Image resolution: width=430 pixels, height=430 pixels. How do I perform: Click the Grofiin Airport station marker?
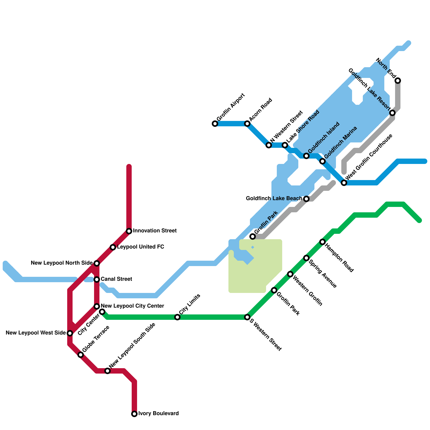[x=215, y=124]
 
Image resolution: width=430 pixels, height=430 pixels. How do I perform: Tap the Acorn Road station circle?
[x=247, y=124]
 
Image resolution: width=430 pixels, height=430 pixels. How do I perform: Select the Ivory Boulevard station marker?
[x=134, y=414]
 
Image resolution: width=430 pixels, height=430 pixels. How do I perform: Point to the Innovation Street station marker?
[x=129, y=231]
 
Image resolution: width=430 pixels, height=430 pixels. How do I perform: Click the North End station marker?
[x=398, y=81]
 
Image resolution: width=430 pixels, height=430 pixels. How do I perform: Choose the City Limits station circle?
[x=177, y=317]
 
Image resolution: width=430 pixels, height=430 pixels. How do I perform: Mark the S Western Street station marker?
[x=247, y=317]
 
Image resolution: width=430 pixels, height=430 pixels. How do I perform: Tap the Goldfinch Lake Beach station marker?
[x=306, y=199]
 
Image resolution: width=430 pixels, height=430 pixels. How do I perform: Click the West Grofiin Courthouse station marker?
[x=344, y=183]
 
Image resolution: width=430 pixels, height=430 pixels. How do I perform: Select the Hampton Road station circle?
[x=322, y=242]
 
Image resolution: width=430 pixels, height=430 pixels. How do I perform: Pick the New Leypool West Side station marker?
[x=70, y=333]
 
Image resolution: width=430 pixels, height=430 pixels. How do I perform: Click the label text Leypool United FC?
[x=140, y=247]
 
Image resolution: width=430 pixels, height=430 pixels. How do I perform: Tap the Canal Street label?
[x=116, y=279]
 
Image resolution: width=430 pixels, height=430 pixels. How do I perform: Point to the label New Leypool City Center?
[x=132, y=306]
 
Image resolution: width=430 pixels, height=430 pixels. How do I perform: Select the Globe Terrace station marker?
[x=81, y=355]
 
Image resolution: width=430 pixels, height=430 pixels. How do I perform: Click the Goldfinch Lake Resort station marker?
[x=392, y=113]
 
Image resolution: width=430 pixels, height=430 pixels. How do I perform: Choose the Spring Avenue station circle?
[x=306, y=258]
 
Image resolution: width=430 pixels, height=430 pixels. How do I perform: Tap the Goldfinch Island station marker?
[x=306, y=156]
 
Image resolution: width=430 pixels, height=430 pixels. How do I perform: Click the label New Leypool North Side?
[x=62, y=263]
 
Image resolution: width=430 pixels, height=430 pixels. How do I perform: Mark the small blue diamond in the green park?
[x=253, y=247]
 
